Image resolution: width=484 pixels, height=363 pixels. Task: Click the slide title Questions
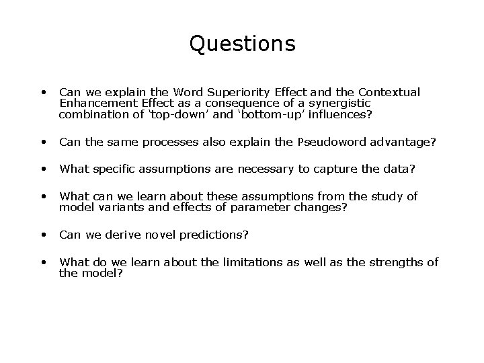[242, 44]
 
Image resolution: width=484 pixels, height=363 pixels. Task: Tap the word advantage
[405, 142]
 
